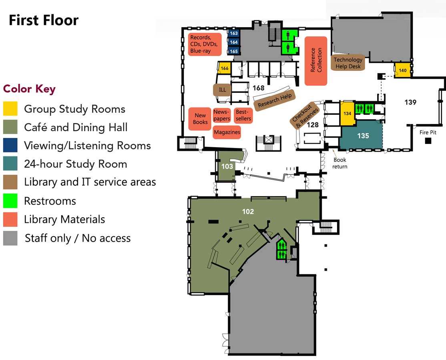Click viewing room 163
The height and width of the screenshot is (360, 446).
coord(234,33)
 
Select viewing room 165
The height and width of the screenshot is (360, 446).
coord(234,51)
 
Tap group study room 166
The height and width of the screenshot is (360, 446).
coord(224,68)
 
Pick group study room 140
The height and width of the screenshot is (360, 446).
coord(402,70)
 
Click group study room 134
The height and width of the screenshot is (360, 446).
coord(347,113)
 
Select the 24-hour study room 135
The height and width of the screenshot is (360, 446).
coord(362,136)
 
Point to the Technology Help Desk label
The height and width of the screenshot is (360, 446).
coord(348,63)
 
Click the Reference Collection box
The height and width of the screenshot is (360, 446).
coord(316,61)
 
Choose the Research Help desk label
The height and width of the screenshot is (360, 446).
coord(275,100)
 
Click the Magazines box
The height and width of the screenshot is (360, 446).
coord(227,132)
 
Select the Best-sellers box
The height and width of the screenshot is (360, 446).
coord(243,115)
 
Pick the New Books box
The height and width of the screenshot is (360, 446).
coord(200,119)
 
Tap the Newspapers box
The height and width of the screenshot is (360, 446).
coord(221,115)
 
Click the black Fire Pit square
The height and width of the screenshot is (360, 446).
coord(428,141)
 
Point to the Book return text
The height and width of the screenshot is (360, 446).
coord(340,163)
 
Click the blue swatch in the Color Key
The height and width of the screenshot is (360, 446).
coord(10,145)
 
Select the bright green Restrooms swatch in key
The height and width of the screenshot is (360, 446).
coord(10,200)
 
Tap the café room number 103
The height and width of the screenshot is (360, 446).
coord(227,166)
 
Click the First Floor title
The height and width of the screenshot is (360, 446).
coord(44,20)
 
